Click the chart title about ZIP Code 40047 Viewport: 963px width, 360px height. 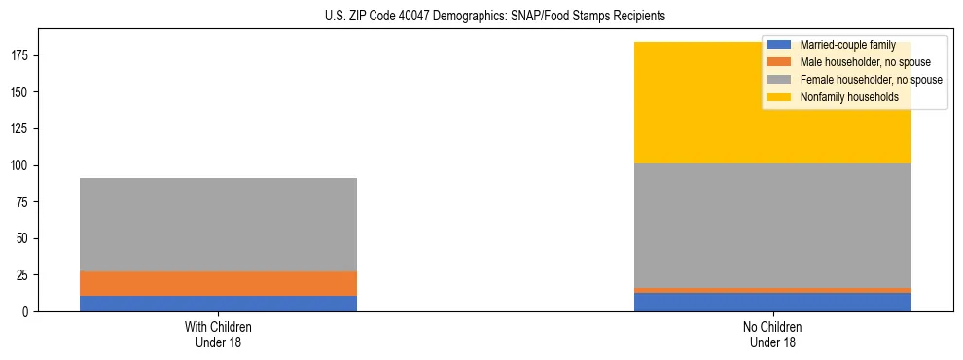[x=495, y=17]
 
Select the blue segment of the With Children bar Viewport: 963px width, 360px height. [x=218, y=304]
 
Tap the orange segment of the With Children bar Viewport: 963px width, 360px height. [x=218, y=283]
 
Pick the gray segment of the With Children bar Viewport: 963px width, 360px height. [x=218, y=225]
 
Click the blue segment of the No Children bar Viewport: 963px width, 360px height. [x=772, y=302]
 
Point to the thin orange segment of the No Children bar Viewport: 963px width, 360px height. [x=772, y=290]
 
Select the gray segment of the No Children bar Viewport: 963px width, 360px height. [x=772, y=226]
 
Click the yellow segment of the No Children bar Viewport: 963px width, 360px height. [x=681, y=102]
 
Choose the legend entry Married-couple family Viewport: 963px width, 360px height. [x=842, y=45]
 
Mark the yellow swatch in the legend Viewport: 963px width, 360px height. [x=780, y=97]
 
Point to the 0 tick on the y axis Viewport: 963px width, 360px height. [x=28, y=311]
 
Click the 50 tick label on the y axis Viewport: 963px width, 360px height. [x=25, y=238]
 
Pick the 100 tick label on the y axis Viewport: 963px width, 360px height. [x=22, y=165]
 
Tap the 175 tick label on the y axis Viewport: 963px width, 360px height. [x=22, y=55]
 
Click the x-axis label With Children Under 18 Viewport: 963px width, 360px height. [x=218, y=334]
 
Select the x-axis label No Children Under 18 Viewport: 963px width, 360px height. [x=772, y=334]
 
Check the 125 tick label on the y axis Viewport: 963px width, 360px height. [x=22, y=128]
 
